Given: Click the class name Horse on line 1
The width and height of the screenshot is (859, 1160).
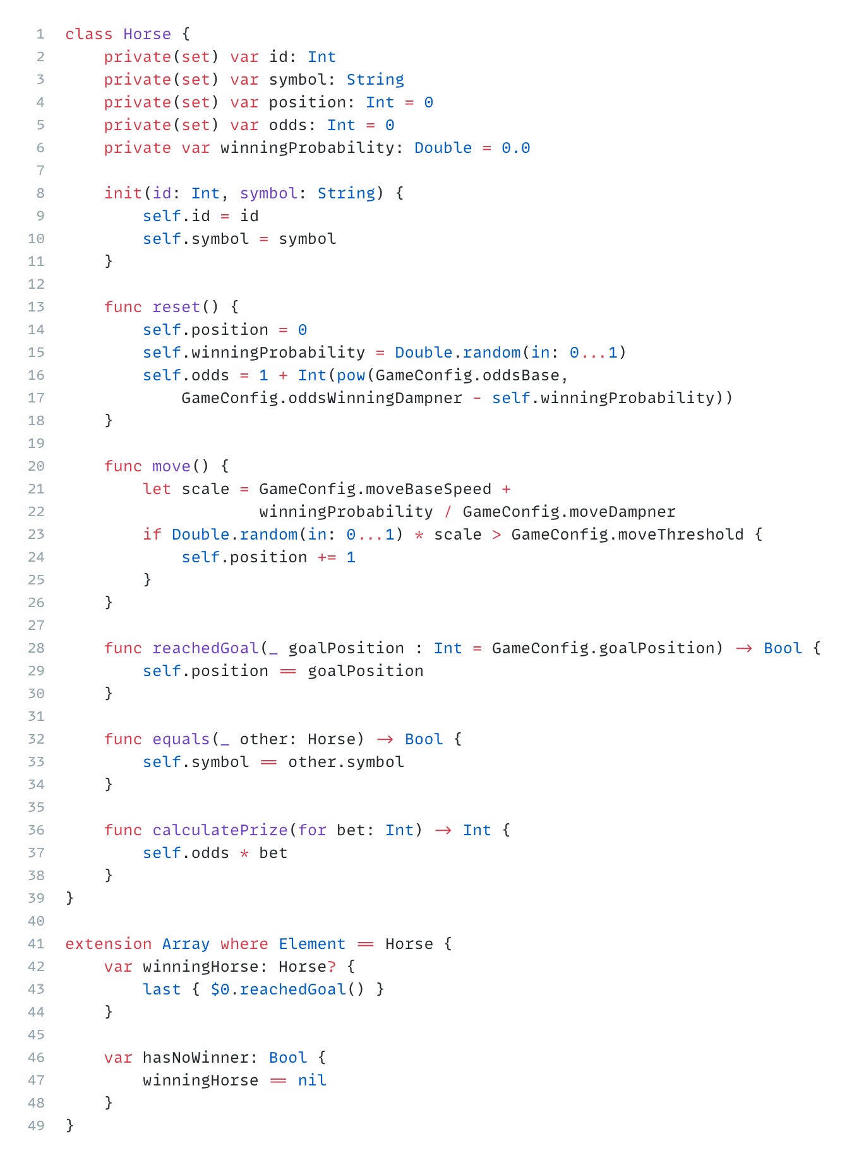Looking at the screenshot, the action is (x=147, y=34).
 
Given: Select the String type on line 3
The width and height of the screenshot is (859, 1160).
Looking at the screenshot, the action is (x=375, y=80).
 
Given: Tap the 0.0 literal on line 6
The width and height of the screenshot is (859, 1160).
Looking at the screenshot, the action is (x=515, y=148).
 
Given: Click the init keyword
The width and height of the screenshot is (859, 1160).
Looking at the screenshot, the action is (x=123, y=193).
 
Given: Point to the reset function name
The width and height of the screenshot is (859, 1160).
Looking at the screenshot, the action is (x=176, y=307).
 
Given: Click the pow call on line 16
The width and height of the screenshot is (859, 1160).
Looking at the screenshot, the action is (x=351, y=375).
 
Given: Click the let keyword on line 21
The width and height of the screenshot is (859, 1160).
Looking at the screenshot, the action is (x=157, y=489).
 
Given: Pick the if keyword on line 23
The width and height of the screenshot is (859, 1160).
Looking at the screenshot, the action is (x=152, y=535).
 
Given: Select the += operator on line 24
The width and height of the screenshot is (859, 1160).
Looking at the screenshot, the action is (x=327, y=557).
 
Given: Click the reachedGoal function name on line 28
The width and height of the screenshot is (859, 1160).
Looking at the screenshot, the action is (x=205, y=648).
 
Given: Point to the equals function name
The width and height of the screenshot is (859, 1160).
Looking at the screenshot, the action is (x=181, y=739).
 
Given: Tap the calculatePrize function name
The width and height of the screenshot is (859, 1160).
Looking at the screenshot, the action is (x=220, y=830).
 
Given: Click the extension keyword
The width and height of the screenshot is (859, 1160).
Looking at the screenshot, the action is (x=109, y=944).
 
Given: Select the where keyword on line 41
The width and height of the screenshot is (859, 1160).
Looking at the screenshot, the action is (x=244, y=944).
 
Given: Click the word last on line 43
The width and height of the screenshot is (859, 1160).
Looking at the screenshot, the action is (x=162, y=989).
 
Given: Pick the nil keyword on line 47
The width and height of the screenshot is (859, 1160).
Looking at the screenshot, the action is (x=312, y=1080).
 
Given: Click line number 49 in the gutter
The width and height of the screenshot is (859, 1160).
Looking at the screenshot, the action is (x=37, y=1126).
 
